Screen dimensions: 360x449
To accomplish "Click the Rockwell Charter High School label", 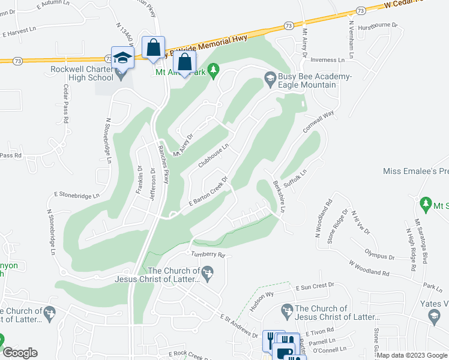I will click(82, 73).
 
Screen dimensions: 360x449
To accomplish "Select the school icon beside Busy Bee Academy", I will click(270, 78).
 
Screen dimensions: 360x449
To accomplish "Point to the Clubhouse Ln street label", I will click(214, 155).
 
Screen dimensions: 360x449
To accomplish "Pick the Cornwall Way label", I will click(319, 122).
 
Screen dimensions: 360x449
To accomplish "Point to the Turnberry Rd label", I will click(208, 254).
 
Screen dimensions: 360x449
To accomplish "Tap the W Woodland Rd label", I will click(368, 268).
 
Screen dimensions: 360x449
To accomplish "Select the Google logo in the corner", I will click(19, 352).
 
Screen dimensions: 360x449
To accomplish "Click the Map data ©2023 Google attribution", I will click(412, 355).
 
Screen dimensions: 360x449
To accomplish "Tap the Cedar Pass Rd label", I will click(65, 103).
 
